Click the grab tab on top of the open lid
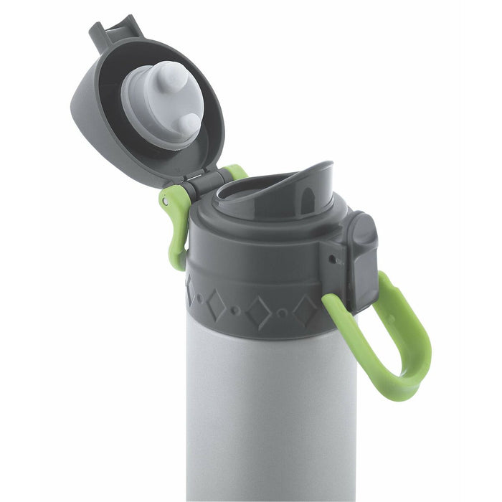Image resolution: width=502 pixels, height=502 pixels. [x=115, y=29]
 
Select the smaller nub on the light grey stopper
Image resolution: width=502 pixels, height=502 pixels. [x=188, y=124]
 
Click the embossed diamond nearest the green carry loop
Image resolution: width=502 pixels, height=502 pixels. [x=306, y=310]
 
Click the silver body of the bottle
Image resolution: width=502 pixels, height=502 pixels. [x=273, y=416]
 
